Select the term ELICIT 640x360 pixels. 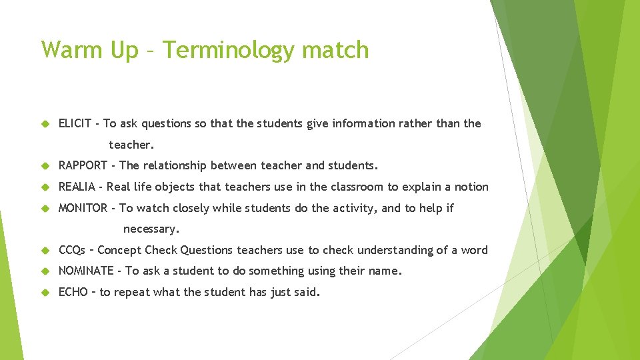click(75, 123)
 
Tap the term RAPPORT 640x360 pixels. click(83, 165)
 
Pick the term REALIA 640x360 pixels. click(77, 187)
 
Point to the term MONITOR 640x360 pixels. click(83, 208)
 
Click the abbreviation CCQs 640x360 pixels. click(72, 250)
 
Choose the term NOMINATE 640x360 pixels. click(86, 271)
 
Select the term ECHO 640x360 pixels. click(73, 292)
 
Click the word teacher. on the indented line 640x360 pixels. click(131, 145)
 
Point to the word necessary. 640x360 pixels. click(151, 229)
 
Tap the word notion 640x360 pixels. click(472, 187)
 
